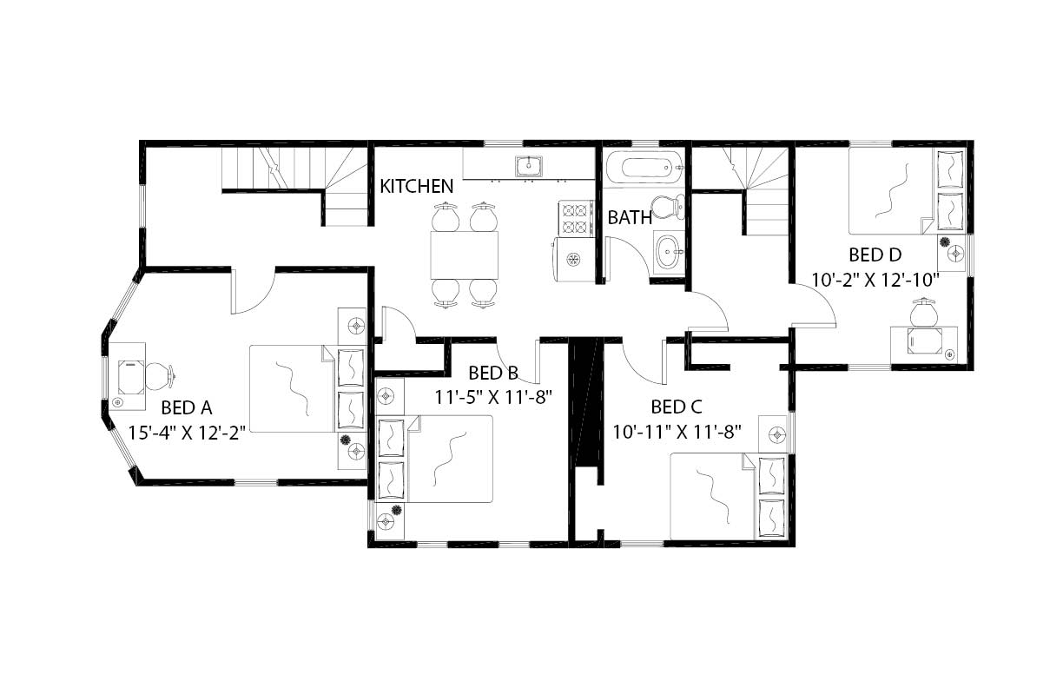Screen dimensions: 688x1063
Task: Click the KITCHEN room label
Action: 417,186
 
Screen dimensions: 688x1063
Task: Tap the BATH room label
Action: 630,218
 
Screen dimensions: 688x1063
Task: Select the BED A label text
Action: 187,407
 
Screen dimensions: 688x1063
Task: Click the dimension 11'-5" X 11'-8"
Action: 493,397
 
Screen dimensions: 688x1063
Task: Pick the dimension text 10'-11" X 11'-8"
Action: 677,431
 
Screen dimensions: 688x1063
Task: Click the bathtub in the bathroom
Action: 643,167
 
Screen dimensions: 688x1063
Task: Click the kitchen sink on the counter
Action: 528,165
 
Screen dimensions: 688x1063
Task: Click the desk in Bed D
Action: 925,341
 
